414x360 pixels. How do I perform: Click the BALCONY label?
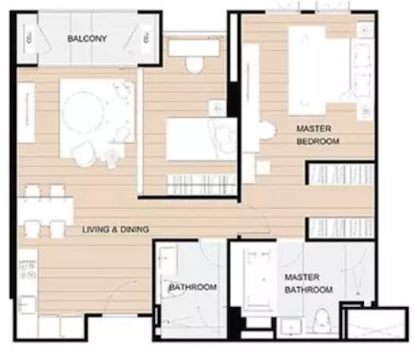87,39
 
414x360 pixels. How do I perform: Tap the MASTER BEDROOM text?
318,135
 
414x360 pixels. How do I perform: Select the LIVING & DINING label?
115,229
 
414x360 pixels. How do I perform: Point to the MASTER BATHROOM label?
308,283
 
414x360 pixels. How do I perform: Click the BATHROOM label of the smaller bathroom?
193,287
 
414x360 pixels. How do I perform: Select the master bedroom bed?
321,71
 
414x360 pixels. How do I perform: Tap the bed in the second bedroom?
201,139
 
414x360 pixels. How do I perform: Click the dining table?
46,210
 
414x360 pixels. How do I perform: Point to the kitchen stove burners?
27,270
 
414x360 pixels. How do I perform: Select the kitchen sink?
27,305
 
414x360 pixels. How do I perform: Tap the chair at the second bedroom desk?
194,65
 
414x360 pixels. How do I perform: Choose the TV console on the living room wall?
26,113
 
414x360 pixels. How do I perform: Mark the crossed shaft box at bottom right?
376,324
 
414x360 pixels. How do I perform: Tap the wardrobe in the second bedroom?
202,185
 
